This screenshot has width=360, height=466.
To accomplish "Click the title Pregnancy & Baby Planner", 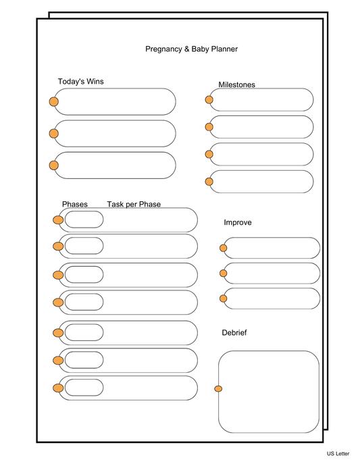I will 191,49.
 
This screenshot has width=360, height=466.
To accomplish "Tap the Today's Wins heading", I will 80,82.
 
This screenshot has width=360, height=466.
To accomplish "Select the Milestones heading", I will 236,84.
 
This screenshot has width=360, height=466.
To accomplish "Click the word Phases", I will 74,205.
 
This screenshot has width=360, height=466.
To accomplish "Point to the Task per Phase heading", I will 134,205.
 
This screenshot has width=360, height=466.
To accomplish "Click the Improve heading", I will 238,223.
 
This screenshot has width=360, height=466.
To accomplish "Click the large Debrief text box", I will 269,392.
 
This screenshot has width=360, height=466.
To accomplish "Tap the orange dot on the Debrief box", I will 218,388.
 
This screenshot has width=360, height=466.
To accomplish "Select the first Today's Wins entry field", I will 115,101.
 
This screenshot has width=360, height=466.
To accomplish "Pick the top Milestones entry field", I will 262,99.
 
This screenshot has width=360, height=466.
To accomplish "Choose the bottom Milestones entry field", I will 262,181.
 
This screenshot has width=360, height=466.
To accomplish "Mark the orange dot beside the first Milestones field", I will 209,99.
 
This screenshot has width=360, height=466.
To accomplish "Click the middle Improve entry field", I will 272,273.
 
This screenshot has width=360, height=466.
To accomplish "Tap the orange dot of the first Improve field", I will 224,248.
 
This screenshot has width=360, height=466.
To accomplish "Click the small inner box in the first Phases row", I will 84,219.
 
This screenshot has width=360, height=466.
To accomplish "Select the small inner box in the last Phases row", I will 84,388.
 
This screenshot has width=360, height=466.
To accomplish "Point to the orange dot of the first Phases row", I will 58,219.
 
